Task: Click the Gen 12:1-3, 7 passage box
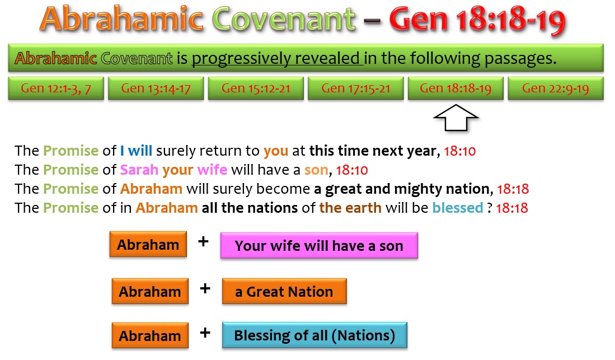56,88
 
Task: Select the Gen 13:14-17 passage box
156,88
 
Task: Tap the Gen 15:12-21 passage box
256,88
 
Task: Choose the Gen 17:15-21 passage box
356,88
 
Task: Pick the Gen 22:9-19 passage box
555,88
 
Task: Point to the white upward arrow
456,118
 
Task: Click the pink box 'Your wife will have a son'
319,245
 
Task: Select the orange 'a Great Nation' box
284,291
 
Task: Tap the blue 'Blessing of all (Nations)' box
314,335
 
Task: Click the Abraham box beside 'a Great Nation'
150,291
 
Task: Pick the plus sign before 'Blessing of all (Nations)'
205,333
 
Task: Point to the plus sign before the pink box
203,241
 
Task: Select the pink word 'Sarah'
139,170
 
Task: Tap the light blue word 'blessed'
458,208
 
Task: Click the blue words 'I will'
136,151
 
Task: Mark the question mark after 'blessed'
490,208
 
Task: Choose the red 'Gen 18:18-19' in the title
477,20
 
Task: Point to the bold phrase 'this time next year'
373,151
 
